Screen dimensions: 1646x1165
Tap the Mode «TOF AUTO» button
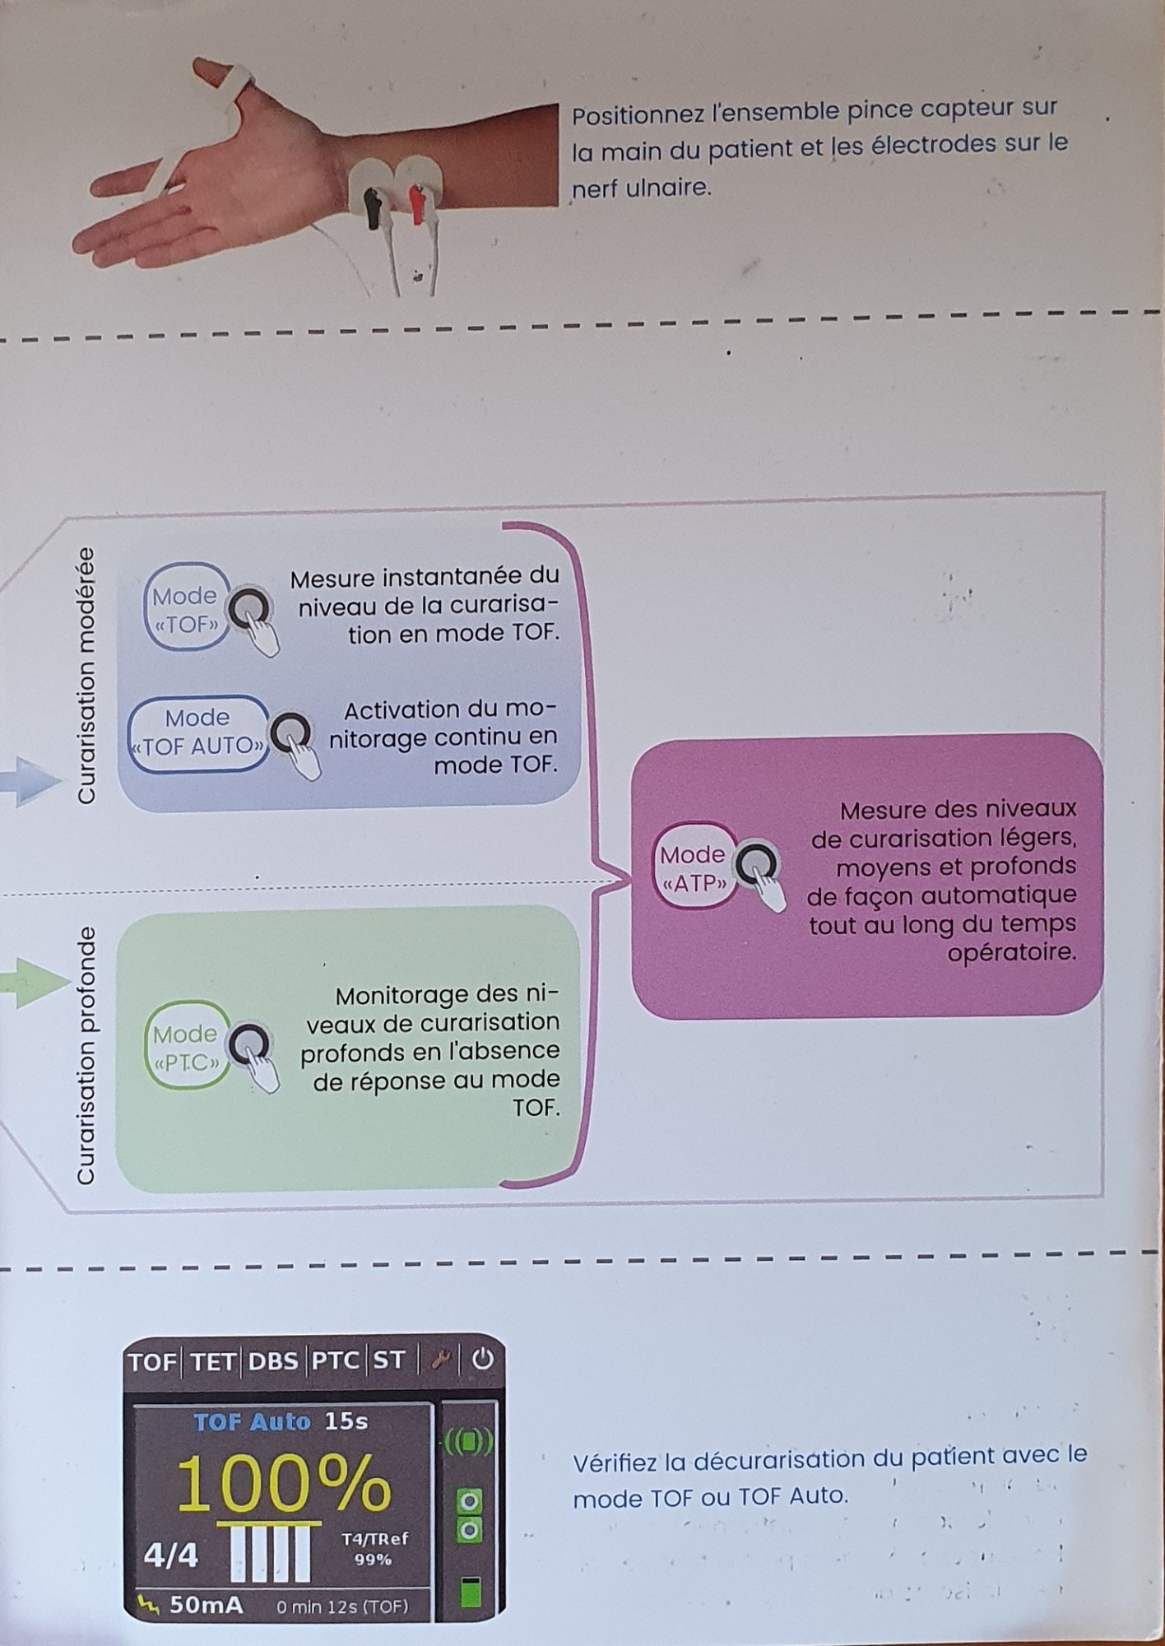point(198,733)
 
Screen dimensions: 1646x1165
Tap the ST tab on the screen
point(389,1361)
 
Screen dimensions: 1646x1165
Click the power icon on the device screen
point(482,1360)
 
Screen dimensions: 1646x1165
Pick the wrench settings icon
point(441,1361)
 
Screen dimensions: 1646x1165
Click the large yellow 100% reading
point(283,1484)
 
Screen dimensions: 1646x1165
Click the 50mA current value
point(206,1605)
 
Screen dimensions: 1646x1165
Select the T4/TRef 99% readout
point(374,1549)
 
